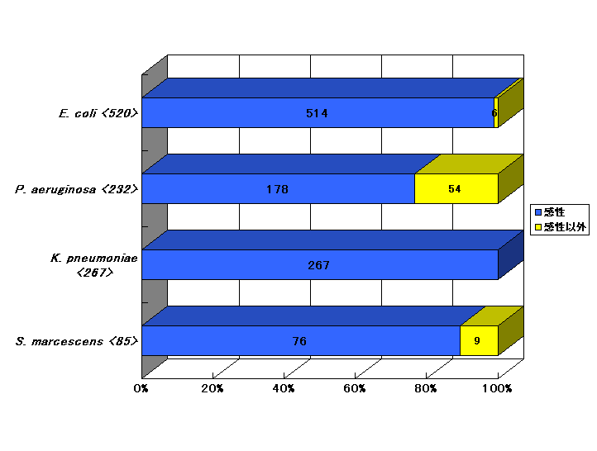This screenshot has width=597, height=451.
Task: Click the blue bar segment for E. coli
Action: click(318, 112)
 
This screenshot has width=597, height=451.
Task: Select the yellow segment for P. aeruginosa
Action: click(456, 188)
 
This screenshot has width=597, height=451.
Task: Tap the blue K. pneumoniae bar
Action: click(320, 264)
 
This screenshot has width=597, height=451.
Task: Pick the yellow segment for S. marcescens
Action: click(479, 340)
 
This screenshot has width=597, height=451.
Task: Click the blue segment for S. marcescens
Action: click(301, 340)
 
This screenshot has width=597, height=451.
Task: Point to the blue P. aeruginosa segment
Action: click(279, 188)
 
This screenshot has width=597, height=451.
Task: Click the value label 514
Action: click(317, 113)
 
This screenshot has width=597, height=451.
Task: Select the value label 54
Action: click(455, 189)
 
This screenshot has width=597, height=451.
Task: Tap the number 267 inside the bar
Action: click(318, 265)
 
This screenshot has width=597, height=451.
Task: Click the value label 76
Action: click(299, 341)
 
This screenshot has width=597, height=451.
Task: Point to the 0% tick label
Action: click(141, 388)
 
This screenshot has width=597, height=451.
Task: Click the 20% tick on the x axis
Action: click(212, 388)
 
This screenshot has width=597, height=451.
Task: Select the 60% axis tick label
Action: click(355, 388)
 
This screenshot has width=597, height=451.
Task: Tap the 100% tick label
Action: click(497, 388)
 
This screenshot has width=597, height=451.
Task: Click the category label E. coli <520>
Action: click(98, 113)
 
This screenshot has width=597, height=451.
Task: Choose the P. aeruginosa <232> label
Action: click(77, 189)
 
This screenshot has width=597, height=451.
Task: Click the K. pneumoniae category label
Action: click(94, 265)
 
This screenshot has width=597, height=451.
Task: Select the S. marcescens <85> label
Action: click(77, 341)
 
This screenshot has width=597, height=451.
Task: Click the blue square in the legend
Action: click(538, 212)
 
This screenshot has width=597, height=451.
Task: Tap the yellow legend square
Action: click(538, 227)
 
